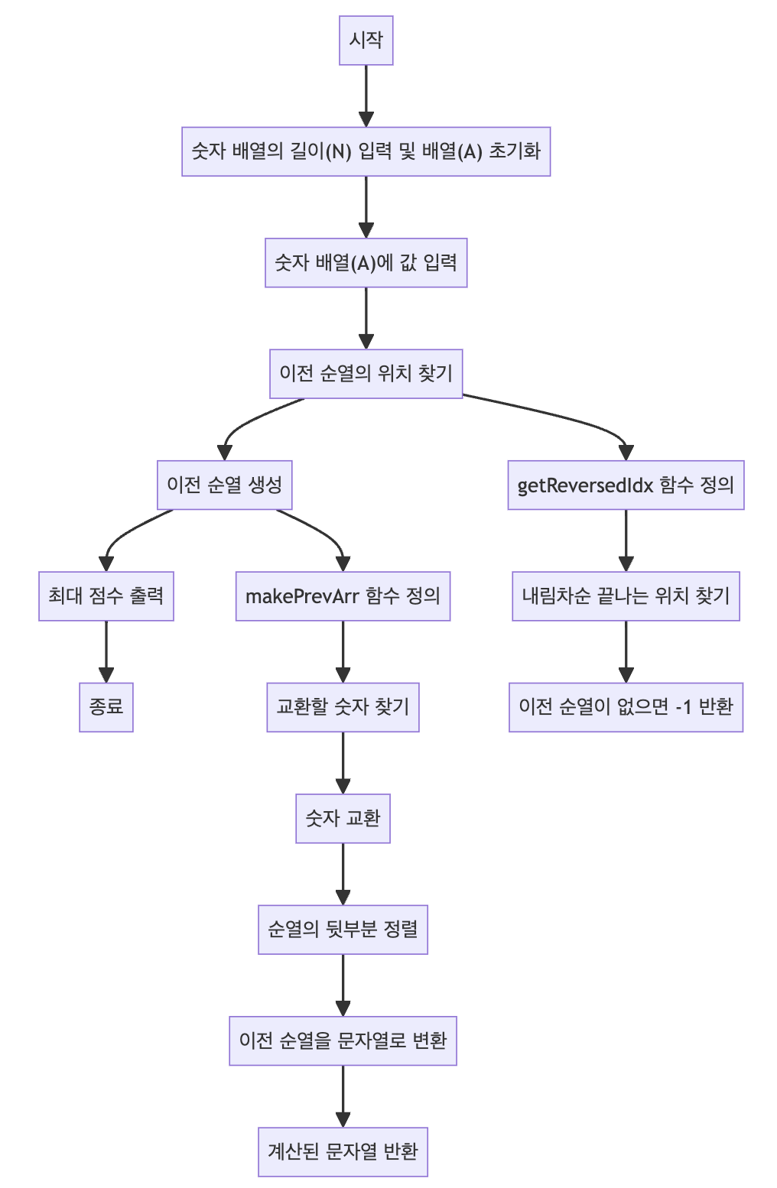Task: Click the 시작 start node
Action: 366,41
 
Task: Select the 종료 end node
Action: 106,707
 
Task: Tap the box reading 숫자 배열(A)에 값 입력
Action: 366,263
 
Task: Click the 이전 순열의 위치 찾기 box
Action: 366,374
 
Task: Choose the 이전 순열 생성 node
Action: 224,485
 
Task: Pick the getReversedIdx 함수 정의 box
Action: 626,485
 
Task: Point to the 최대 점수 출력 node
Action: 106,596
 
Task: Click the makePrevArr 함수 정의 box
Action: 343,596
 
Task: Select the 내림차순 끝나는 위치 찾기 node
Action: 626,596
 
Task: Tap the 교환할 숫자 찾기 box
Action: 343,707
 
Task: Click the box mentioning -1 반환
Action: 626,707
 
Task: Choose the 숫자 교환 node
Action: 343,819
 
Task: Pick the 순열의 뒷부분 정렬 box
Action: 343,930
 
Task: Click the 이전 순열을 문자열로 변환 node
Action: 343,1040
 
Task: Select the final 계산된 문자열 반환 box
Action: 343,1151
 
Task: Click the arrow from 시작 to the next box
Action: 366,96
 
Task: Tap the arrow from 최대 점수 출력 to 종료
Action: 106,651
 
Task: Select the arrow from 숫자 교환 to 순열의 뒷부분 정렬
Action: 343,874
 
